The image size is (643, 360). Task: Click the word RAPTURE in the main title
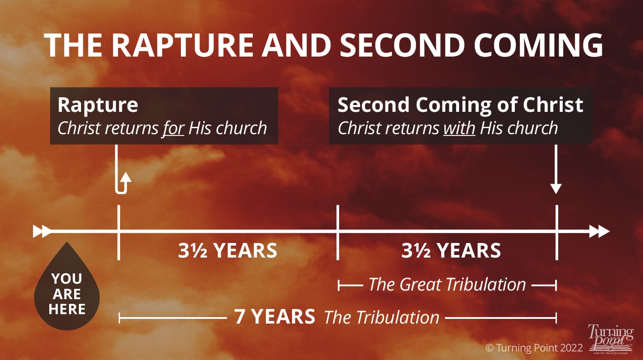coord(184,45)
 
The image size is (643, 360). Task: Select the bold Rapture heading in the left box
coord(98,105)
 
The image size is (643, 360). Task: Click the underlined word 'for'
coord(173,128)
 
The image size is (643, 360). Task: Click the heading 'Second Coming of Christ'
coord(460,105)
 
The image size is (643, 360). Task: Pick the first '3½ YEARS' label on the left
coord(228,251)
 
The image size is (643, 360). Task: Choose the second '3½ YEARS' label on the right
coord(451,251)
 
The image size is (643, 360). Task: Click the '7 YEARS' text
coord(274,317)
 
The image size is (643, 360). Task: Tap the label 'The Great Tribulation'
coord(447,285)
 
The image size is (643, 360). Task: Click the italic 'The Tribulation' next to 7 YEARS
coord(382,318)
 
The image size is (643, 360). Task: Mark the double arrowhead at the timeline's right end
coord(599,231)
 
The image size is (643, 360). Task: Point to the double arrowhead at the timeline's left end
coord(42,231)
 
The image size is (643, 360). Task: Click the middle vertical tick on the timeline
coord(338,232)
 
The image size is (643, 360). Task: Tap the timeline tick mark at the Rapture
coord(118,232)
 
